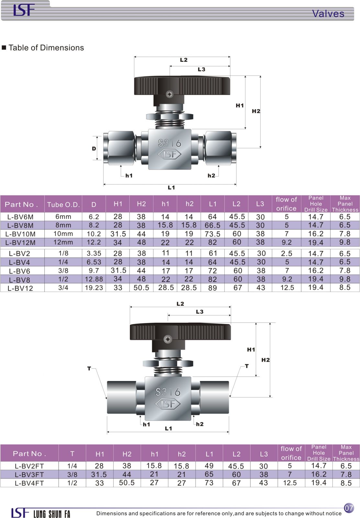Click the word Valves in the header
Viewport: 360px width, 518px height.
[328, 14]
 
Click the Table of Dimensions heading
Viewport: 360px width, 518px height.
[46, 48]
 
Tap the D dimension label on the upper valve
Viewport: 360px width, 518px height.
[94, 149]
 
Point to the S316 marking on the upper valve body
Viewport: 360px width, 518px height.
[170, 143]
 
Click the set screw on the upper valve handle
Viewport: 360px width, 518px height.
[170, 94]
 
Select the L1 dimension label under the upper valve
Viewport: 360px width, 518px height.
[171, 187]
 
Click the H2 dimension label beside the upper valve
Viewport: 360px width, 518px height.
[256, 111]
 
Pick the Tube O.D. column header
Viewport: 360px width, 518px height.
[63, 204]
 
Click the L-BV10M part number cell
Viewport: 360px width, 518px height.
[20, 234]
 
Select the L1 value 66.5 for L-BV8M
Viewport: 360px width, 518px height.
[212, 225]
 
